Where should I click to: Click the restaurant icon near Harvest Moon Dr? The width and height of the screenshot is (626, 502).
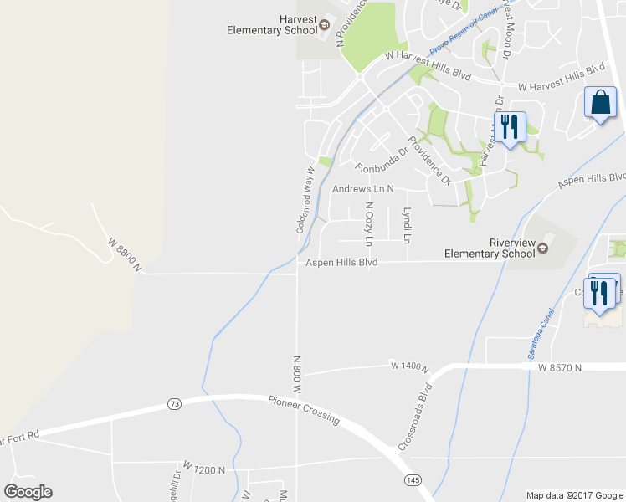point(509,127)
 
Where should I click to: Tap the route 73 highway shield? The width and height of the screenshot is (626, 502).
point(174,404)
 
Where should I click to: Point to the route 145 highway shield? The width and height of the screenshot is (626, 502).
point(412,479)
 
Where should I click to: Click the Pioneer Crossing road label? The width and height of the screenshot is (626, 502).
point(304,409)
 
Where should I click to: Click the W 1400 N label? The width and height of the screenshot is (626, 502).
point(408,366)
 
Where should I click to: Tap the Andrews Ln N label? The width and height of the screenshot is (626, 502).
point(362,190)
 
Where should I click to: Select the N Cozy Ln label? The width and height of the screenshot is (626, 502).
point(368,224)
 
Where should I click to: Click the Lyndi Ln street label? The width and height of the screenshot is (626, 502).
point(408,225)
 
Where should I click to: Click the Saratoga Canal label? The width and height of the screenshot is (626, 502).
point(541,334)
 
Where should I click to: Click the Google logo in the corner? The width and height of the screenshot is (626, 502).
point(28,492)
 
